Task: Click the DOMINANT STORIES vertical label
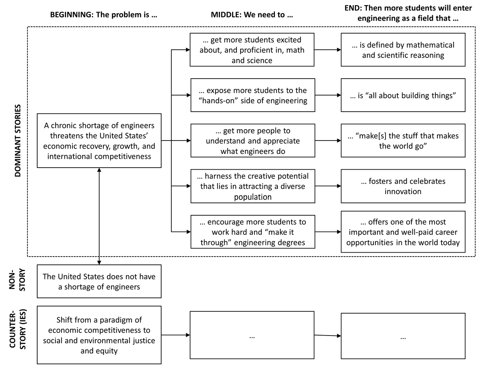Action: point(18,140)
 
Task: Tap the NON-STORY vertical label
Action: point(17,280)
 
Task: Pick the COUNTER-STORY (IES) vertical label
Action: point(17,329)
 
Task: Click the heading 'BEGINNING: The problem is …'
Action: point(104,15)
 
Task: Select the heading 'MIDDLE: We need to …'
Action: point(252,15)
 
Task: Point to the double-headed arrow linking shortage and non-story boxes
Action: point(99,216)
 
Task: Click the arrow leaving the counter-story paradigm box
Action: point(176,335)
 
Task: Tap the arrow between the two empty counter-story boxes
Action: point(328,335)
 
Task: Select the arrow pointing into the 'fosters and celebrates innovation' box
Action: point(328,186)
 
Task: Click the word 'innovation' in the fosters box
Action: point(403,191)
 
